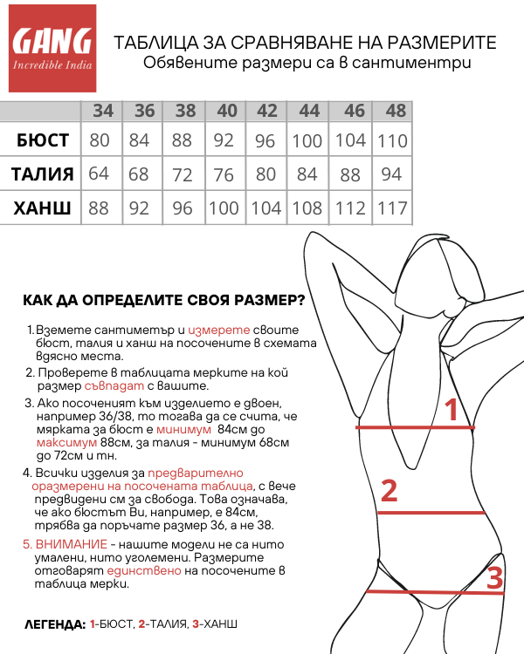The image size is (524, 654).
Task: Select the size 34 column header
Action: pyautogui.click(x=103, y=111)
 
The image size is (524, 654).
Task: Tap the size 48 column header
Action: pyautogui.click(x=396, y=111)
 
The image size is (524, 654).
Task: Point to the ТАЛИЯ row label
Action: pyautogui.click(x=42, y=174)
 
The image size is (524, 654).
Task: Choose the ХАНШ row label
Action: pyautogui.click(x=42, y=208)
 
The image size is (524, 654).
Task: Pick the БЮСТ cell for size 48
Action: pyautogui.click(x=393, y=140)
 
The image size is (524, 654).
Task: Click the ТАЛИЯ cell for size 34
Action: pyautogui.click(x=99, y=174)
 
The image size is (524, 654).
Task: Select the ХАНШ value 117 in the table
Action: pyautogui.click(x=393, y=208)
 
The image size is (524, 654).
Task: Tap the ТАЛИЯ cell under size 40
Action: pyautogui.click(x=226, y=174)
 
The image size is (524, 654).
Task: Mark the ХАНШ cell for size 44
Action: pyautogui.click(x=307, y=208)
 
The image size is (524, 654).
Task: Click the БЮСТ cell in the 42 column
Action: pyautogui.click(x=265, y=140)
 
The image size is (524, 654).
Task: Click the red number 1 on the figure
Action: pyautogui.click(x=452, y=409)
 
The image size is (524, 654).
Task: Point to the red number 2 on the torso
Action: pyautogui.click(x=390, y=490)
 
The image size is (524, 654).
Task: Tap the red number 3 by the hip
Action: pyautogui.click(x=494, y=578)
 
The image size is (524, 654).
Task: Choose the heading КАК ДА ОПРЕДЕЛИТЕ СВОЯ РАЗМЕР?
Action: pyautogui.click(x=164, y=301)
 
